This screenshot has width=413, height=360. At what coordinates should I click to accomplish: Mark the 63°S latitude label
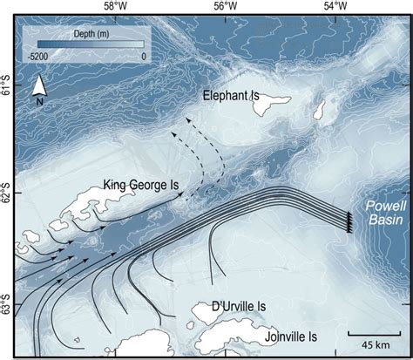tap(7, 308)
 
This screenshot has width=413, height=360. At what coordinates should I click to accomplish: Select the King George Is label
tap(140, 184)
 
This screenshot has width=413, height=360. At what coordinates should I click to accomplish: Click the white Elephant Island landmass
tap(279, 107)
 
